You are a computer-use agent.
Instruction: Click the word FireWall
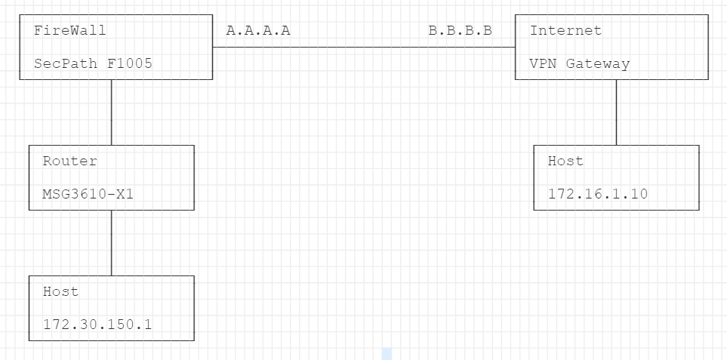point(70,31)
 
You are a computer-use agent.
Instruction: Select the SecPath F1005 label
point(93,63)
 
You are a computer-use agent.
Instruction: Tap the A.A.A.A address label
point(258,31)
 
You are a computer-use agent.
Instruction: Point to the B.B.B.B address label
point(461,31)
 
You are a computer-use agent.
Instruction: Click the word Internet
point(565,31)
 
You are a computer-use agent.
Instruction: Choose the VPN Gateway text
point(579,63)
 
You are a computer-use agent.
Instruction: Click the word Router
point(69,162)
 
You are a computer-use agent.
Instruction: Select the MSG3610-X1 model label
point(88,194)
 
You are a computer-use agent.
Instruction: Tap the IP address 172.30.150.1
point(97,325)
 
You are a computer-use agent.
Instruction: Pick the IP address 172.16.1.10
point(598,194)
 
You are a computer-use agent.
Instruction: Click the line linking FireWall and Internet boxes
point(362,47)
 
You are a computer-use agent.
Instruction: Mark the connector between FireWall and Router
point(112,112)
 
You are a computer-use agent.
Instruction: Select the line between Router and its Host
point(112,242)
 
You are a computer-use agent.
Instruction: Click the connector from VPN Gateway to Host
point(616,112)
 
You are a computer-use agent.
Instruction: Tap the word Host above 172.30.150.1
point(60,292)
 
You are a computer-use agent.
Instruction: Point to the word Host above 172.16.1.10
point(565,162)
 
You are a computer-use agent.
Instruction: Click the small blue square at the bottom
point(387,353)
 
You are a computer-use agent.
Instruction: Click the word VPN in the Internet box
point(542,63)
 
